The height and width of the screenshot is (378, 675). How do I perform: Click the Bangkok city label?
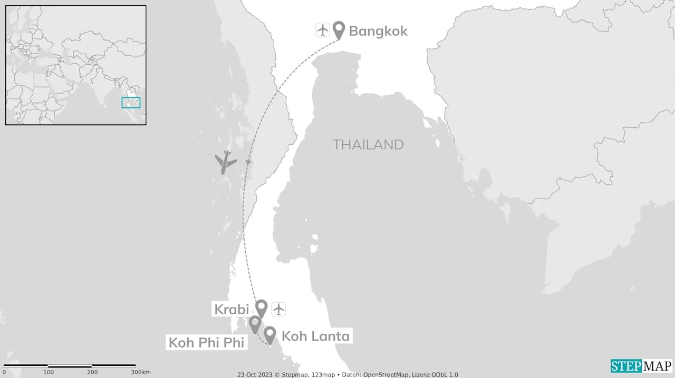(x=378, y=31)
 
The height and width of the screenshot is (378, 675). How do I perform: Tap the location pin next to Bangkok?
(x=339, y=29)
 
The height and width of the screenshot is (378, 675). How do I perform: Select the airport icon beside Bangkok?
(x=322, y=30)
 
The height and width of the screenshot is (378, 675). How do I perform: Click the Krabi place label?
(x=231, y=309)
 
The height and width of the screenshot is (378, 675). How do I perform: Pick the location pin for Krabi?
(x=261, y=307)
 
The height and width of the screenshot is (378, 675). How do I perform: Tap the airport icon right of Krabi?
(x=278, y=309)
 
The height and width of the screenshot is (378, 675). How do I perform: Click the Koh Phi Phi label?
(x=207, y=343)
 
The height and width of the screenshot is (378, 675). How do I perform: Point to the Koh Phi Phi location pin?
(x=255, y=323)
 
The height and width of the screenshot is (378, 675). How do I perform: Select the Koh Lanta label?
(x=316, y=336)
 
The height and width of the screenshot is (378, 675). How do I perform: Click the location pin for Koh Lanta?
(x=269, y=334)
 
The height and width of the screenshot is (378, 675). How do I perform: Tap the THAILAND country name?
(x=368, y=145)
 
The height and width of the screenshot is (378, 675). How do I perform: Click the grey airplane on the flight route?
(x=226, y=162)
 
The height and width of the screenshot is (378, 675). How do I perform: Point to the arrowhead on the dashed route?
(x=248, y=163)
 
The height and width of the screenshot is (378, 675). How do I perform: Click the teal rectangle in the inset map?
(x=131, y=102)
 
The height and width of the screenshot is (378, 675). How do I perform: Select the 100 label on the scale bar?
(x=49, y=372)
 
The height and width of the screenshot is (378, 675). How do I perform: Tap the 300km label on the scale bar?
(x=141, y=372)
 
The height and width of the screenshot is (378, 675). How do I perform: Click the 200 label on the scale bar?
(x=93, y=372)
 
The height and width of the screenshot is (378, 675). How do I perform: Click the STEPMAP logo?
(x=641, y=366)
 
